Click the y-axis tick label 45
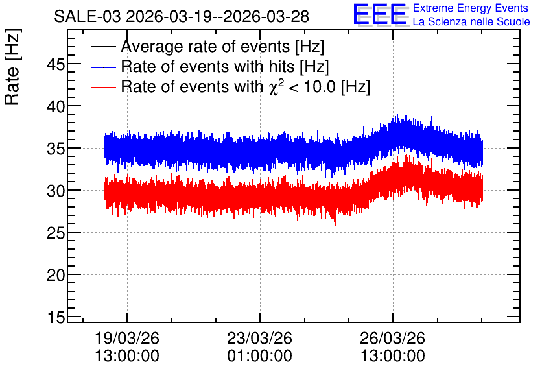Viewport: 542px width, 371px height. (x=56, y=64)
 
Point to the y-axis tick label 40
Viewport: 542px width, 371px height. (x=56, y=106)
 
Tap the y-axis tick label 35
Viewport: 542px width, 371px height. (x=56, y=149)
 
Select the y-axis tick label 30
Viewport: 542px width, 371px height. (x=56, y=191)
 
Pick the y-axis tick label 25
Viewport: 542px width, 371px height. (x=56, y=233)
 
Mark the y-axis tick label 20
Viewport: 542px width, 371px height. (x=56, y=276)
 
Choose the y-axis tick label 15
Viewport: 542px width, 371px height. (x=56, y=317)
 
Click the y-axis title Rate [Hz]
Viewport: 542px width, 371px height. (x=12, y=67)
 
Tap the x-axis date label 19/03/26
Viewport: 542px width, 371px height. (x=127, y=338)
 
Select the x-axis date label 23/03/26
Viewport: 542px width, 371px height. (x=259, y=338)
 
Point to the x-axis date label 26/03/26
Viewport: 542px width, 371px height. (x=392, y=338)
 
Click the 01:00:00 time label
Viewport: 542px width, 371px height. (x=259, y=356)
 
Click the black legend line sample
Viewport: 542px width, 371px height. (x=103, y=47)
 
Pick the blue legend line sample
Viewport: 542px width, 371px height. (x=103, y=67)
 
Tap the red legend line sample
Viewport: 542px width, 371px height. (x=103, y=87)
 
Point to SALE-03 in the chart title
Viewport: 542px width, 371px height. (x=88, y=17)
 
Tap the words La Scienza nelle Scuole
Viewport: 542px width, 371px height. (x=471, y=22)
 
